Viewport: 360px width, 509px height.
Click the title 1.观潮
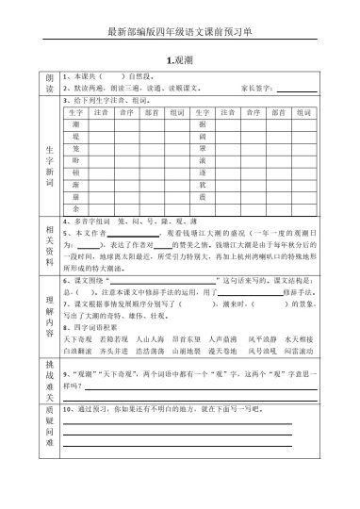pos(179,57)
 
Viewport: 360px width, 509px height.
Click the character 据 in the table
pos(202,124)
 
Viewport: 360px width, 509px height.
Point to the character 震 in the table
pos(202,194)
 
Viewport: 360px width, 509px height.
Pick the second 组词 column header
pos(303,112)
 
